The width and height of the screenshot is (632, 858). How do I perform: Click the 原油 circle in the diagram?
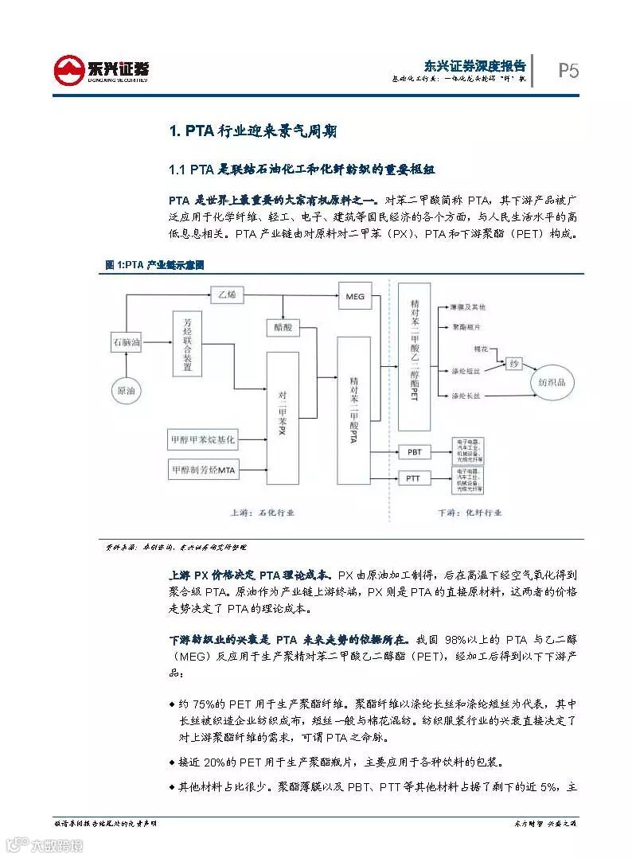127,391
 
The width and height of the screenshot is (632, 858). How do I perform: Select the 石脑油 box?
126,343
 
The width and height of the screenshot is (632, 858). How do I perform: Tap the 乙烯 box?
228,295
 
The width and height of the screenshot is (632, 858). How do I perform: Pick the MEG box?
354,297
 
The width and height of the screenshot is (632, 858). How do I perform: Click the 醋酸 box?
283,327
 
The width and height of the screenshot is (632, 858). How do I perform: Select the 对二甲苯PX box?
282,414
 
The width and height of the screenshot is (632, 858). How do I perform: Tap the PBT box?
414,452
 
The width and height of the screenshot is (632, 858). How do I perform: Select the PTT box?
414,478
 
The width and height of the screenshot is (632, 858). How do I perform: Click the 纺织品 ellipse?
552,383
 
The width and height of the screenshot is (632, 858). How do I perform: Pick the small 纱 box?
515,363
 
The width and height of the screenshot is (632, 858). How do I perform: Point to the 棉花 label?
480,349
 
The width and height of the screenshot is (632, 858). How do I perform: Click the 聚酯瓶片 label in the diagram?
468,327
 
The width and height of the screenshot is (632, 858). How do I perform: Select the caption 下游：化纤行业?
471,513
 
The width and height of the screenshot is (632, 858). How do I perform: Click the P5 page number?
568,72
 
